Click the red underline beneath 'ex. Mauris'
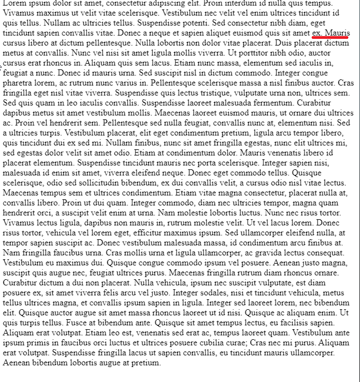pyautogui.click(x=331, y=38)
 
